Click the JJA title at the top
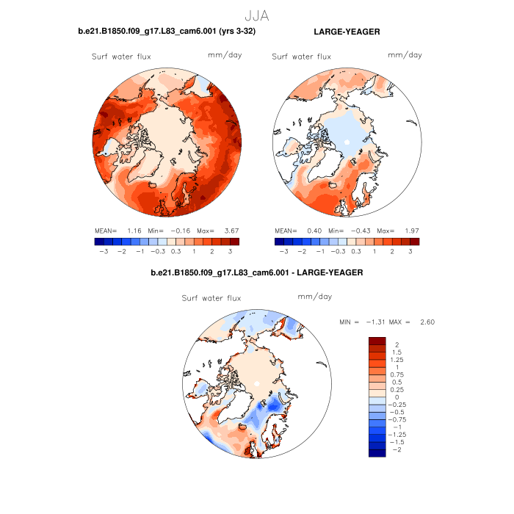[x=256, y=13]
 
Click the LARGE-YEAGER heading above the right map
[x=347, y=32]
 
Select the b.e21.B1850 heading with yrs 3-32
[x=167, y=32]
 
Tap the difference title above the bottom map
[x=256, y=273]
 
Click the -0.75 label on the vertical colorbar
[x=399, y=419]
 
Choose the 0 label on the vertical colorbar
[x=397, y=397]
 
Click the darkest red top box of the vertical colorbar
[x=377, y=340]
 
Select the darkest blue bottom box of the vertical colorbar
[x=377, y=453]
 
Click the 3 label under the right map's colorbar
[x=410, y=251]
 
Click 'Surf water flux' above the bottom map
[x=211, y=297]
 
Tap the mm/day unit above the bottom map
[x=314, y=297]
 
